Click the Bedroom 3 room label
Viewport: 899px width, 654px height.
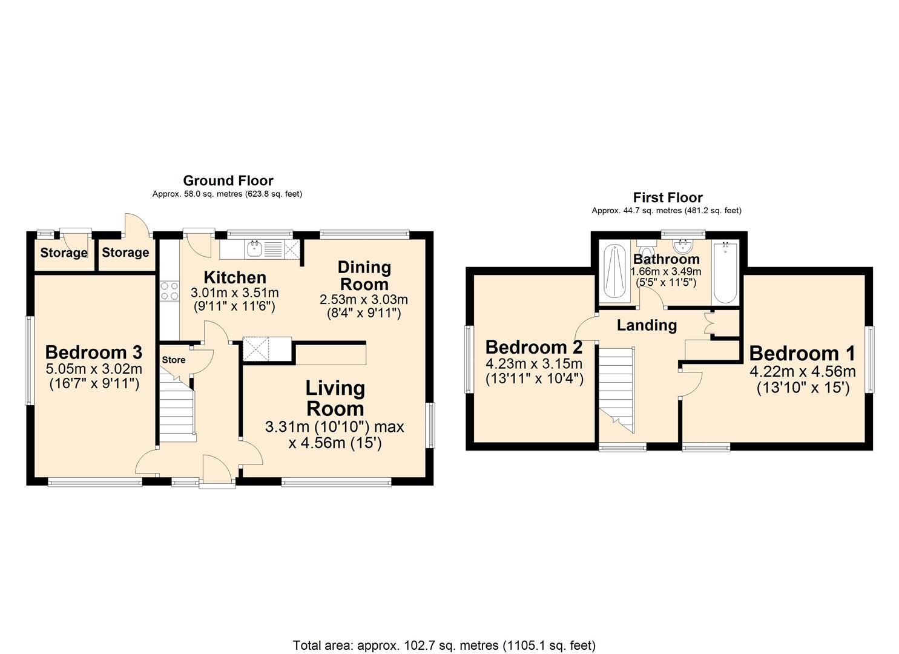click(x=93, y=352)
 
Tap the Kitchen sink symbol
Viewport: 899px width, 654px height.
click(x=255, y=248)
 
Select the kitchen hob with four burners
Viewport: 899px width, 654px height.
click(x=170, y=291)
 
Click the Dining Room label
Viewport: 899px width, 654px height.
click(x=364, y=276)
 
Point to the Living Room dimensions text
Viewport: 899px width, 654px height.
click(x=334, y=435)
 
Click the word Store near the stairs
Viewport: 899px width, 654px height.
click(x=174, y=360)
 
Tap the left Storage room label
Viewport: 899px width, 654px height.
click(x=64, y=253)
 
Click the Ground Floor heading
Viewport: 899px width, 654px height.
click(x=228, y=180)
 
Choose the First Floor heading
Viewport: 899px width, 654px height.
click(x=667, y=197)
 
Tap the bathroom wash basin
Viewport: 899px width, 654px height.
click(x=683, y=246)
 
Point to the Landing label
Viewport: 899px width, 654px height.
click(x=647, y=325)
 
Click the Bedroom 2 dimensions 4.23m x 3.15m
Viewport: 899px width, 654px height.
click(x=534, y=364)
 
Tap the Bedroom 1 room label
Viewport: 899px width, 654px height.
click(x=802, y=354)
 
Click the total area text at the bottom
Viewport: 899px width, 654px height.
click(x=444, y=645)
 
